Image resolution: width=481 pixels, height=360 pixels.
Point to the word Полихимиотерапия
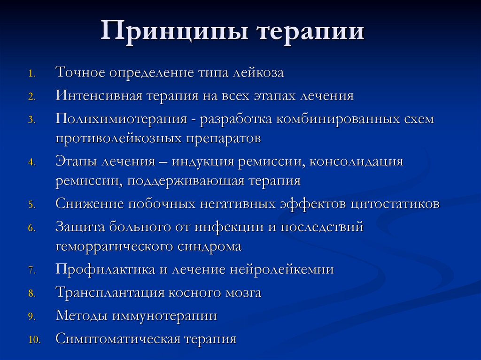click(122, 119)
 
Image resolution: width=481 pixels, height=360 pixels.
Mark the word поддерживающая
click(186, 181)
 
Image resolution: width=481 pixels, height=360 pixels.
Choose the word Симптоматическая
click(118, 339)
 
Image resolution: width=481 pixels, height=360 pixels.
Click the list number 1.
click(31, 74)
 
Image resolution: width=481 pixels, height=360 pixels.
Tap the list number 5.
click(31, 205)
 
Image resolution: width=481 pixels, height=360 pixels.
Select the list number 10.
click(35, 339)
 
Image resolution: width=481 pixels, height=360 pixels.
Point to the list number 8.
click(31, 294)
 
